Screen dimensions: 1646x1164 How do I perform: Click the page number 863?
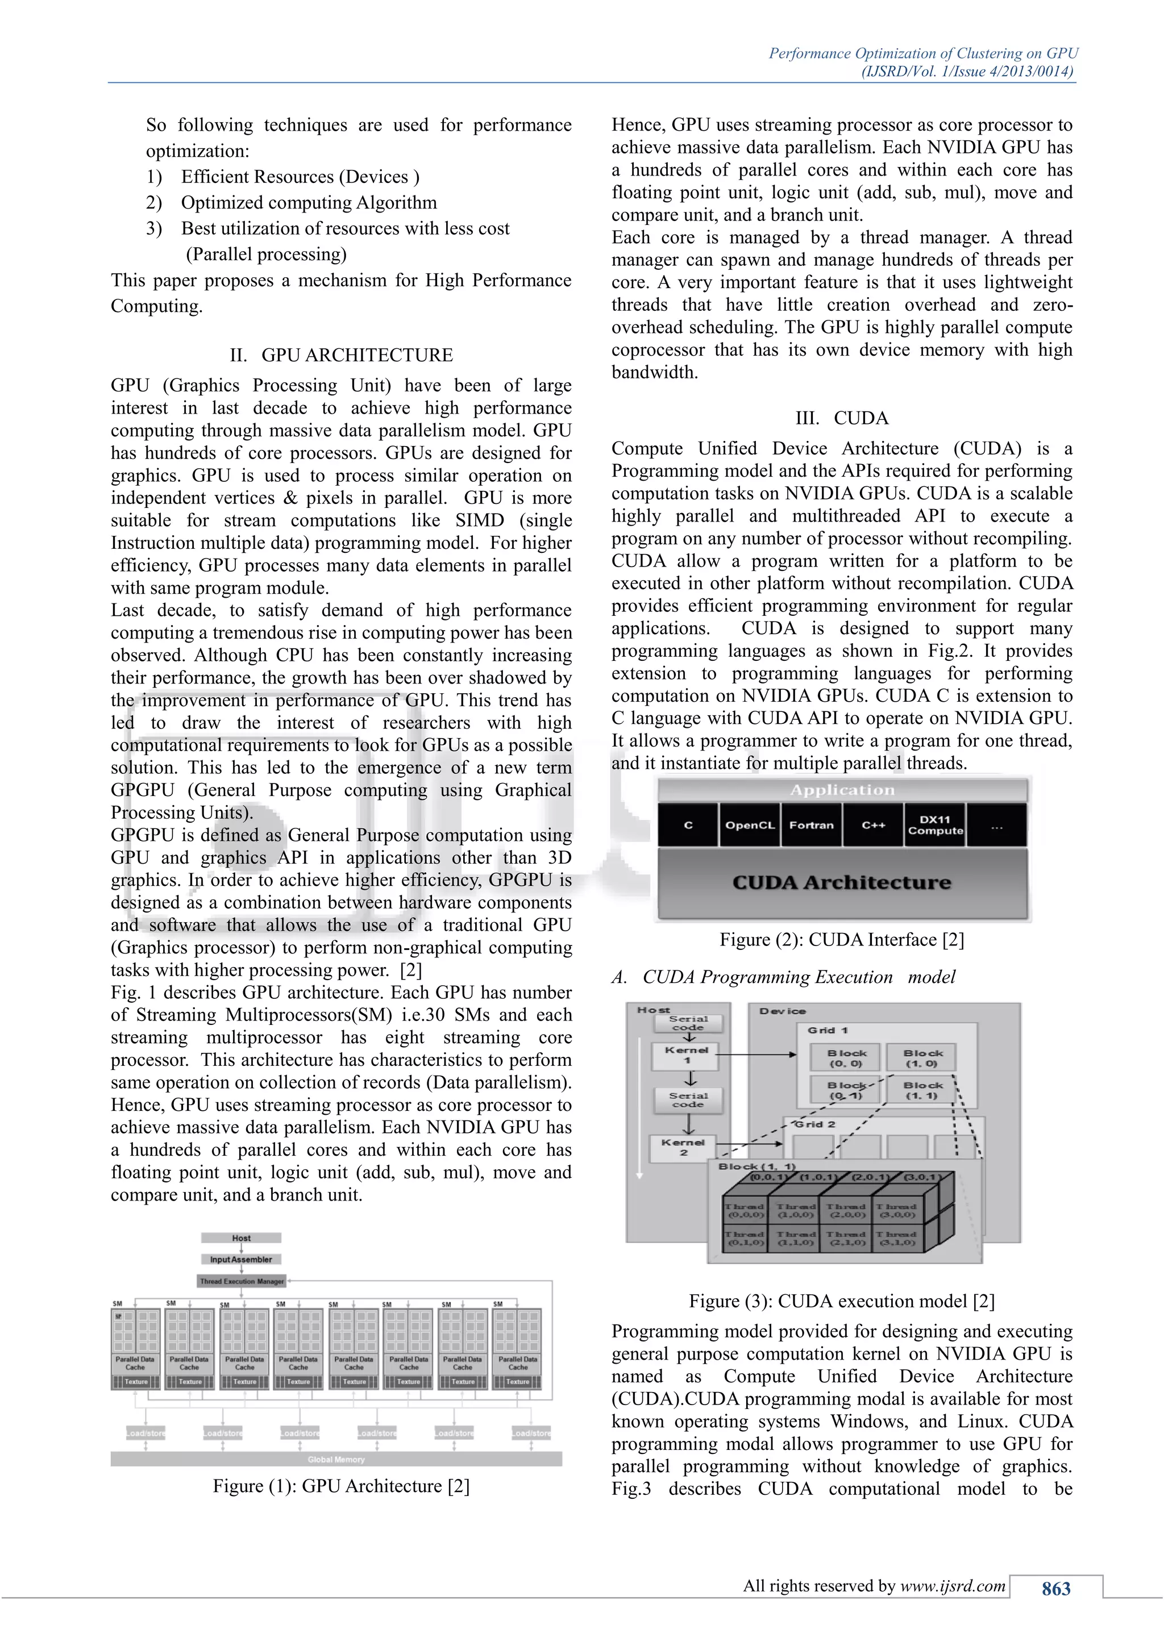point(1055,1589)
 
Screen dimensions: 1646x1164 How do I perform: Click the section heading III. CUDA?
point(841,418)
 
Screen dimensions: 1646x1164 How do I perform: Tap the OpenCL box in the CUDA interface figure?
point(750,825)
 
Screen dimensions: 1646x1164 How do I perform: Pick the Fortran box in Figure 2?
point(811,825)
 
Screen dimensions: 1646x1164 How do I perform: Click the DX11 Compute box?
point(934,825)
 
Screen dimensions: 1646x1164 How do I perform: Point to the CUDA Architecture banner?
point(842,882)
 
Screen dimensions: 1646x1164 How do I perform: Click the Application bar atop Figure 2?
point(842,790)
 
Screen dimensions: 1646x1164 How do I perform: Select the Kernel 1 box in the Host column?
point(687,1055)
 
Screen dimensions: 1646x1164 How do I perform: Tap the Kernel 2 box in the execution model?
point(684,1147)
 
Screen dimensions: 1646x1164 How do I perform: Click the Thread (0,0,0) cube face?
point(745,1211)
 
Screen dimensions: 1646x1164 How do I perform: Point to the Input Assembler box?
point(241,1259)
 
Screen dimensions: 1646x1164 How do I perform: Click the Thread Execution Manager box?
point(242,1281)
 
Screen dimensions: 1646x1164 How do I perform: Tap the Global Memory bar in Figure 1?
point(336,1459)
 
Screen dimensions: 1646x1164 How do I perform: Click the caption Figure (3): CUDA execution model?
point(841,1301)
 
